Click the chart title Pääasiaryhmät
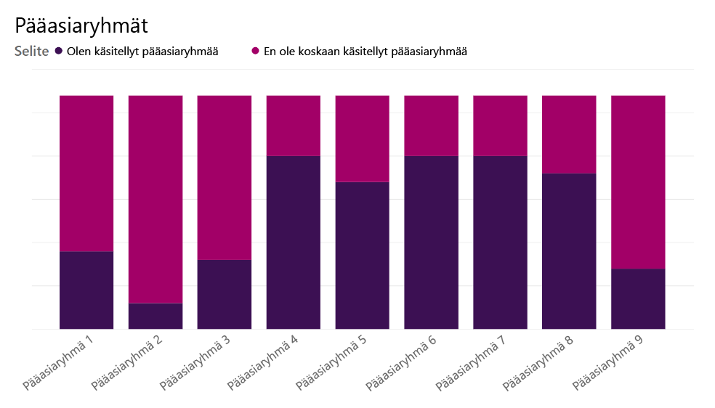coord(81,26)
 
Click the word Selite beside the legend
coord(31,52)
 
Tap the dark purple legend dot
coord(59,51)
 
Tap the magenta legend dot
coord(255,51)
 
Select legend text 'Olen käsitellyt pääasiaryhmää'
coord(142,52)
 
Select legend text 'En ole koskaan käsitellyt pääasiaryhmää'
coord(365,52)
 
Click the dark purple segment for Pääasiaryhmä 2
coord(155,316)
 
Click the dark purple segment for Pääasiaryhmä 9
coord(638,298)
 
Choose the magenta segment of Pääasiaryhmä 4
coord(293,125)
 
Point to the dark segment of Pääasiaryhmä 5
coord(362,255)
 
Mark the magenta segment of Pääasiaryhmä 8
coord(569,134)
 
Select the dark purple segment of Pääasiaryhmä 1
coord(86,290)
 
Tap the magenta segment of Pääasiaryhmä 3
coord(225,177)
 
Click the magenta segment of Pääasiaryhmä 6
coord(431,125)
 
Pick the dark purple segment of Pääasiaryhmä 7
coord(500,242)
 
